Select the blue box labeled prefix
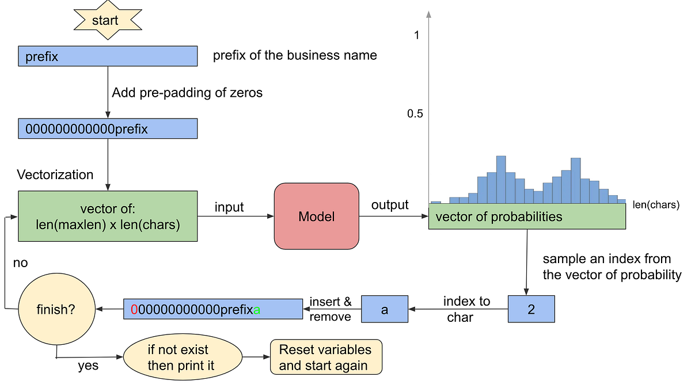(x=108, y=56)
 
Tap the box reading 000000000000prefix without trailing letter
(x=108, y=129)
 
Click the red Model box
(x=316, y=216)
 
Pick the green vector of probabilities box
(x=527, y=216)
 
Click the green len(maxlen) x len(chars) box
(x=108, y=216)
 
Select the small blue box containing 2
(x=531, y=309)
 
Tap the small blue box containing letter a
(x=384, y=309)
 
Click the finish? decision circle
(x=56, y=309)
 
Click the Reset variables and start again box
(x=326, y=357)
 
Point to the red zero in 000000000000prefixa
(x=134, y=309)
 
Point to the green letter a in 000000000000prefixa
(x=257, y=309)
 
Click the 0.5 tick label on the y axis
(x=415, y=114)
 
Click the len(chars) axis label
(x=656, y=204)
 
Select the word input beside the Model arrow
(x=229, y=207)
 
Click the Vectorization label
(x=55, y=174)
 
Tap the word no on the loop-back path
(x=21, y=263)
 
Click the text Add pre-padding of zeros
(x=187, y=93)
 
